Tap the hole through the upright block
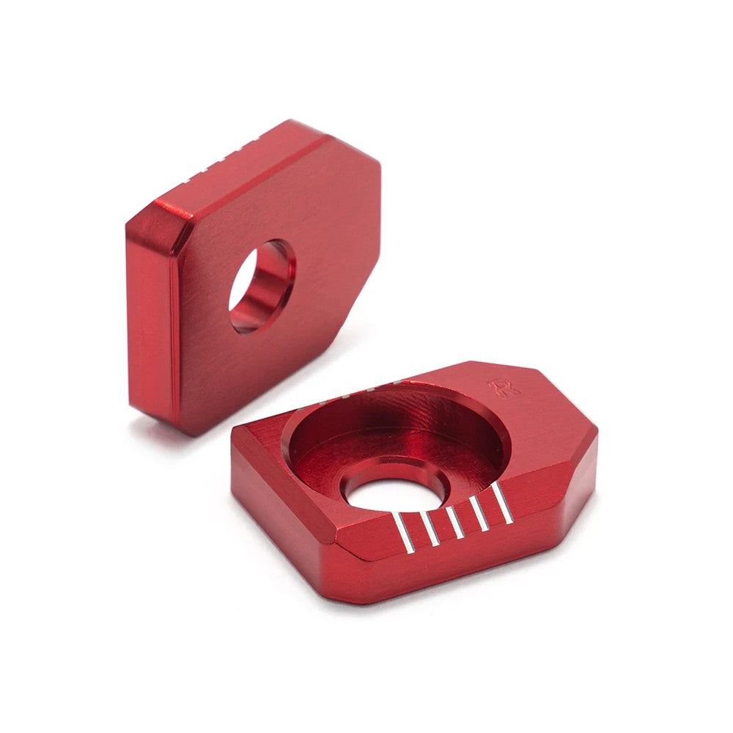(262, 286)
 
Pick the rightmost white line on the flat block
(504, 501)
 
